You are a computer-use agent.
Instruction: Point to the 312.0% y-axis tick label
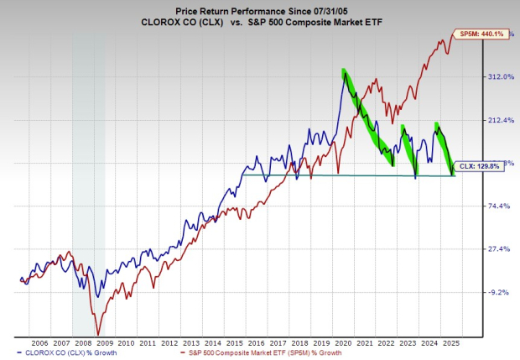500,77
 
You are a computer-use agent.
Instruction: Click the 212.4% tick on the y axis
500,120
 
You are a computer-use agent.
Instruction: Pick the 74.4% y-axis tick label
499,206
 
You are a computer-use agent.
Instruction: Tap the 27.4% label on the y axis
499,249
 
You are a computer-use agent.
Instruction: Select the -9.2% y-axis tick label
499,292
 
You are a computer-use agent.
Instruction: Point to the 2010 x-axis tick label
126,343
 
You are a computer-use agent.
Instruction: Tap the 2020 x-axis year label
343,343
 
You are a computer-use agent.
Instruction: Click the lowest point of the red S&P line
99,334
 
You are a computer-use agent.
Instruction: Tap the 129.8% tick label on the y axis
500,164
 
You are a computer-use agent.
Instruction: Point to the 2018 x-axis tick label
299,343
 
